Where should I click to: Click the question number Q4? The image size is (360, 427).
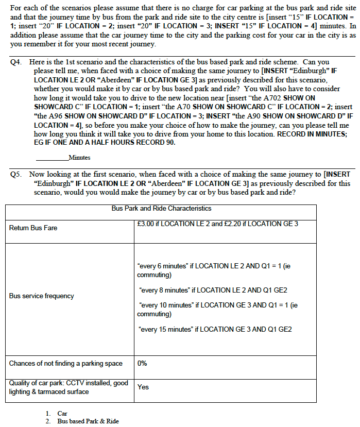click(16, 62)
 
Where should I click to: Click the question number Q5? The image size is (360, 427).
click(16, 174)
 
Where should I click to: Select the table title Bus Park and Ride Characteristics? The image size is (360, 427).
click(161, 209)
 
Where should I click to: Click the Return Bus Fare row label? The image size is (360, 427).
click(33, 228)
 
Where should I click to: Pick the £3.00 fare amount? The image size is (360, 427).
click(147, 224)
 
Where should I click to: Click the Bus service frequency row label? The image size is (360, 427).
click(41, 296)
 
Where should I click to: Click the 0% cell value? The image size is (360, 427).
click(143, 363)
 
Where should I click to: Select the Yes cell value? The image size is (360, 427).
click(143, 387)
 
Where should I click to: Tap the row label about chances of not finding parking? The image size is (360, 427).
click(66, 363)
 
